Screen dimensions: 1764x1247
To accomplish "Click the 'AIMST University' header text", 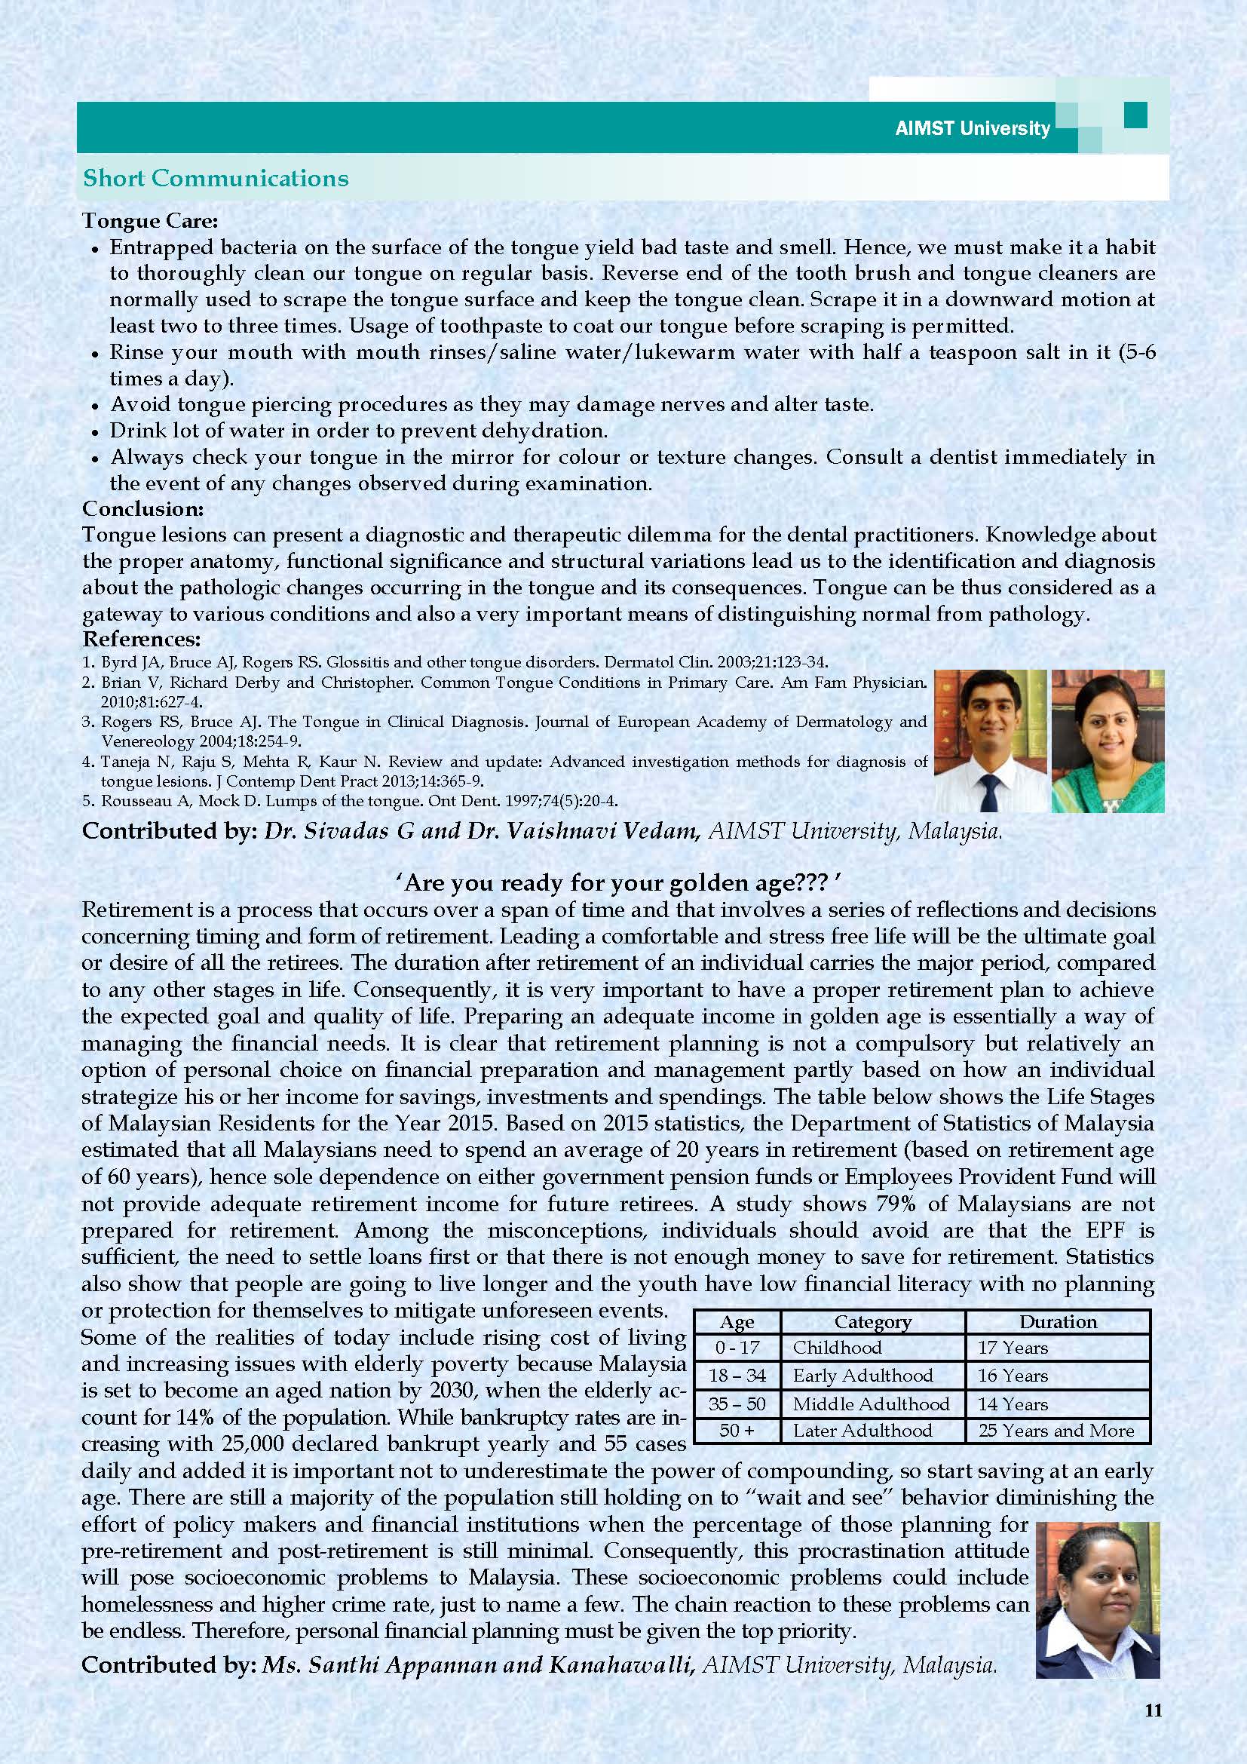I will coord(972,128).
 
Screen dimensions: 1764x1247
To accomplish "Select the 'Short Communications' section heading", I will coord(216,178).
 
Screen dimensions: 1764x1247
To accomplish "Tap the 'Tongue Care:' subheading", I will coord(151,221).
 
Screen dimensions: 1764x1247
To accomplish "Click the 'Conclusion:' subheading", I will coord(142,508).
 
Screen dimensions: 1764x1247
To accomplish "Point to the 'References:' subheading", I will coord(141,640).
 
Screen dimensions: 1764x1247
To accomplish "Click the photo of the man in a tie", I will coord(990,741).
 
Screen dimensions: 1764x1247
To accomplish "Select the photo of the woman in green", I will coord(1108,741).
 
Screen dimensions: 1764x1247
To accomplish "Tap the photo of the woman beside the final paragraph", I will coord(1096,1600).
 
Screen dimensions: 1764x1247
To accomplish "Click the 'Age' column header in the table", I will coord(737,1322).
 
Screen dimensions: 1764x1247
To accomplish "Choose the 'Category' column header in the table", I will coord(872,1322).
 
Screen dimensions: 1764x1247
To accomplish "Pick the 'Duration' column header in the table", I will coord(1057,1322).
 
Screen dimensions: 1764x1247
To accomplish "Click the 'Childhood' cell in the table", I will coord(837,1348).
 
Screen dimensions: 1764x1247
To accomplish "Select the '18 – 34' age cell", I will coord(737,1376).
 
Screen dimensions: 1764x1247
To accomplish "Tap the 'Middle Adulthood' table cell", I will coord(872,1404).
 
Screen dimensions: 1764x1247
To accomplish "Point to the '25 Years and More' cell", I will coord(1056,1431).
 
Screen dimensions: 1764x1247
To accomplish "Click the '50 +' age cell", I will coord(737,1431).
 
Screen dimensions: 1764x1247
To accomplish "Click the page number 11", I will coord(1153,1710).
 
